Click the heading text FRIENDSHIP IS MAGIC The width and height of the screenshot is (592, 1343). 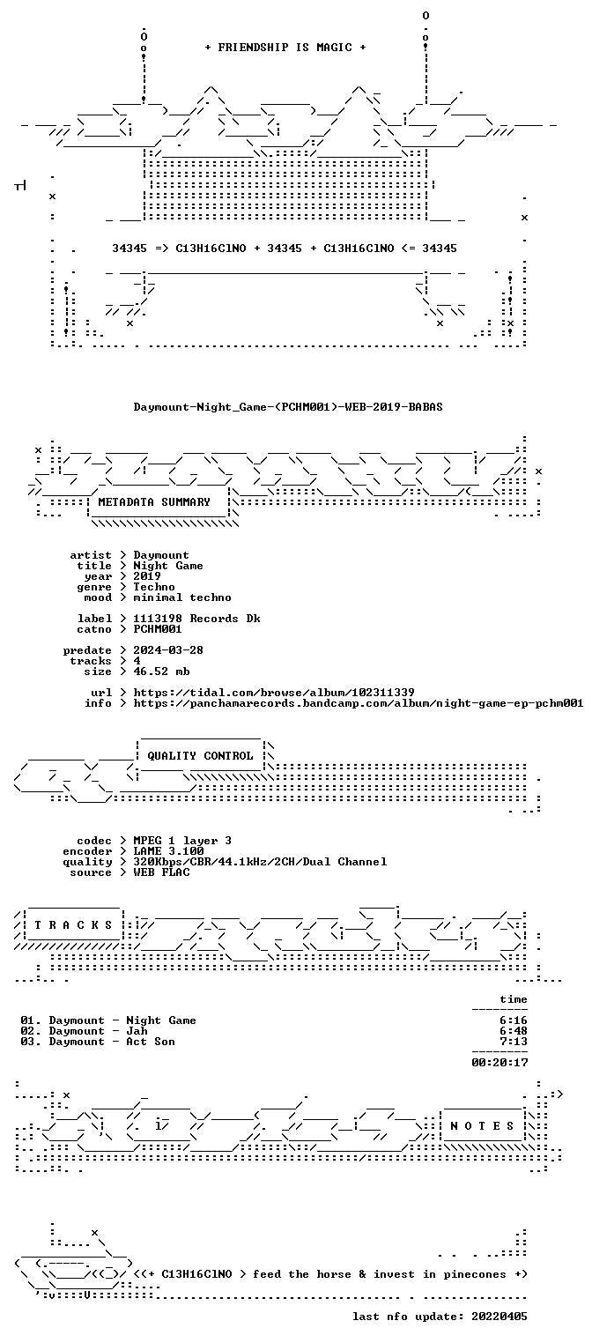285,48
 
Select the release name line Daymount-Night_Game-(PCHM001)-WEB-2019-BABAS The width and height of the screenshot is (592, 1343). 288,407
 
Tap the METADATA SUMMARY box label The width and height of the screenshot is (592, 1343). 154,502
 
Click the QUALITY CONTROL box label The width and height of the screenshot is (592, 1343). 200,756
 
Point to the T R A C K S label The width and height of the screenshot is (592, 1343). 73,925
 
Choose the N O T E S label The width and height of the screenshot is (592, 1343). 482,1126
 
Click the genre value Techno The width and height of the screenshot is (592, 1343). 154,587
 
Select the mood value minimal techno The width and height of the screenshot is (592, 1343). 182,597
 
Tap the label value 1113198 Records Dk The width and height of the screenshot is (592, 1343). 196,619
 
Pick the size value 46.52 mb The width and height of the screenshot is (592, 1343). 161,671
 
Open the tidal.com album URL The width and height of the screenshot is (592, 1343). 274,693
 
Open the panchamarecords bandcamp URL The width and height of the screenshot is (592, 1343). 359,703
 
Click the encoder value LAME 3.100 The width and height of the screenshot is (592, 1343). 168,851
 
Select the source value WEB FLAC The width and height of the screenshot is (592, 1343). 161,872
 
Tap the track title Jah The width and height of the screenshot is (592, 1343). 137,1031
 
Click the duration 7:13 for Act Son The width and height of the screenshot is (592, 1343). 514,1042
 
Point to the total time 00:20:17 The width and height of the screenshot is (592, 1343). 499,1063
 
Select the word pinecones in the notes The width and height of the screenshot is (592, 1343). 475,1274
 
